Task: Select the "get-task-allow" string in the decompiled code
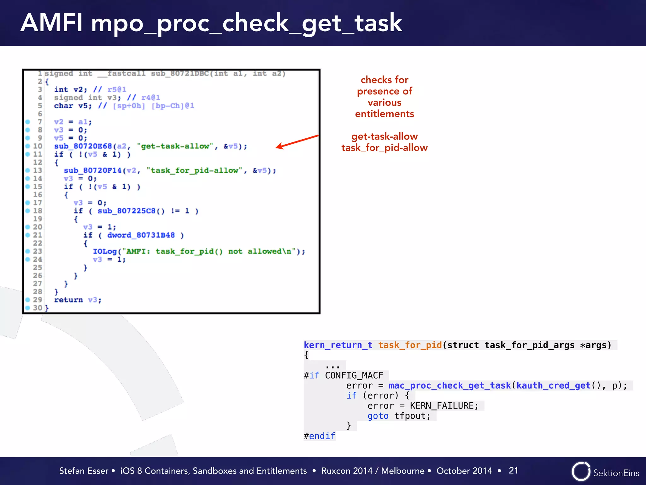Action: [x=175, y=146]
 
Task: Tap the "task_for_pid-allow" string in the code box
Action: [x=194, y=171]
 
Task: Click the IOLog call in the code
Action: [x=104, y=251]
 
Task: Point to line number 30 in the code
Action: [x=38, y=308]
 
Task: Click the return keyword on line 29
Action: [x=68, y=300]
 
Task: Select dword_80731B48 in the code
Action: [x=141, y=235]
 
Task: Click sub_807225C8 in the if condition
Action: [x=126, y=211]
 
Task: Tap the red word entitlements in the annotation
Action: [x=384, y=114]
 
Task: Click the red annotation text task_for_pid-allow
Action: [x=384, y=148]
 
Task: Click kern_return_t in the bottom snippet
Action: [x=338, y=345]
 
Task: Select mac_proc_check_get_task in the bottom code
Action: [x=449, y=386]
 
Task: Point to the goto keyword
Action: [x=378, y=416]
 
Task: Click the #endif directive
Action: [x=319, y=436]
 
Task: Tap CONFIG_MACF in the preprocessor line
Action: [x=354, y=375]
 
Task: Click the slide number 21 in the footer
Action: [x=513, y=470]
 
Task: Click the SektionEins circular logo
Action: [x=581, y=471]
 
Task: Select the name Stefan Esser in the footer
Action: [x=84, y=471]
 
